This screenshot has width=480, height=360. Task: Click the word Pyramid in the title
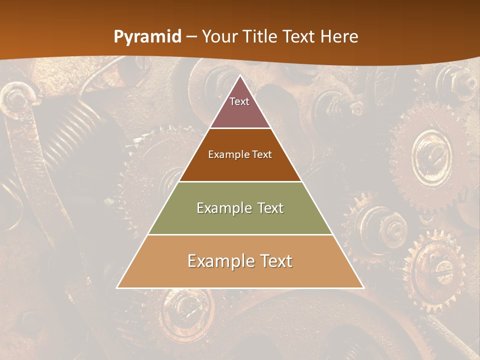coord(147,37)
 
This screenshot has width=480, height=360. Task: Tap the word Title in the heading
coord(261,36)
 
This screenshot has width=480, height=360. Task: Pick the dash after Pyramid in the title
coord(191,37)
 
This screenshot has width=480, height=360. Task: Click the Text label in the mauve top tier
coord(239,101)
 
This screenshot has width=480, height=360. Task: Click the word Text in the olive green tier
coord(270,208)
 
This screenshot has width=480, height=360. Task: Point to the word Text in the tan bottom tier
coord(274,261)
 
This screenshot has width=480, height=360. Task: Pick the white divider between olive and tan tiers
coord(240,234)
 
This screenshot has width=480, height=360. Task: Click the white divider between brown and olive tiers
coord(240,181)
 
